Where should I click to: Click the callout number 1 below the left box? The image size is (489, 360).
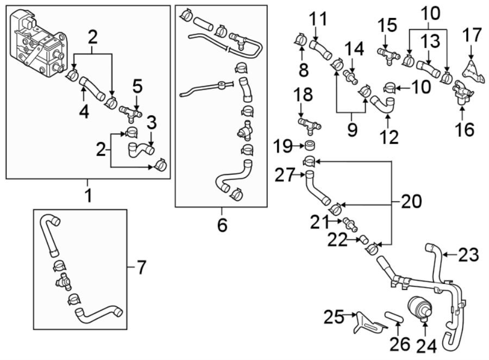pyautogui.click(x=87, y=194)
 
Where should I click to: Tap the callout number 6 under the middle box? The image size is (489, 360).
pyautogui.click(x=222, y=224)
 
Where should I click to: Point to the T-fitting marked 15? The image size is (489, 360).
pyautogui.click(x=387, y=55)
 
